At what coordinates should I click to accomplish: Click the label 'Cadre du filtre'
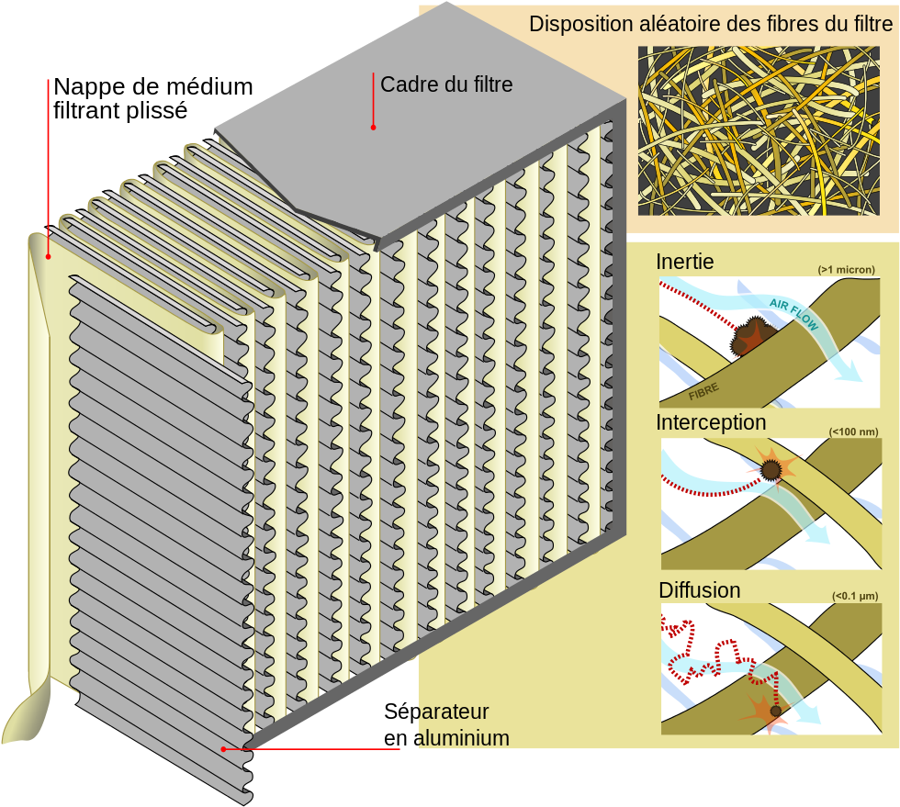[x=446, y=85]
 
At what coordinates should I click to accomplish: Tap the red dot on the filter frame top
[x=373, y=127]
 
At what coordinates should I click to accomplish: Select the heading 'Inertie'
[x=684, y=262]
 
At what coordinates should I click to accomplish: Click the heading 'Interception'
[x=711, y=422]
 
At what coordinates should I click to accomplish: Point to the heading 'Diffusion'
[x=699, y=589]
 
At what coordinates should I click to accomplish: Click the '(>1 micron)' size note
[x=846, y=270]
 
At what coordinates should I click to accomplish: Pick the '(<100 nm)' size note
[x=851, y=431]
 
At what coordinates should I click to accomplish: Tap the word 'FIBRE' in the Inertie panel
[x=703, y=390]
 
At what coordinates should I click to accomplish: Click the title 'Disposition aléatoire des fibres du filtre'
[x=711, y=25]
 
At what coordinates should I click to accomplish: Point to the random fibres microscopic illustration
[x=758, y=130]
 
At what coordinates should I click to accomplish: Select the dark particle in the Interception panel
[x=770, y=470]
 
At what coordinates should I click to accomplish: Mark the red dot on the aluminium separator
[x=223, y=749]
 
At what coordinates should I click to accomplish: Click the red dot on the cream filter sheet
[x=48, y=256]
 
